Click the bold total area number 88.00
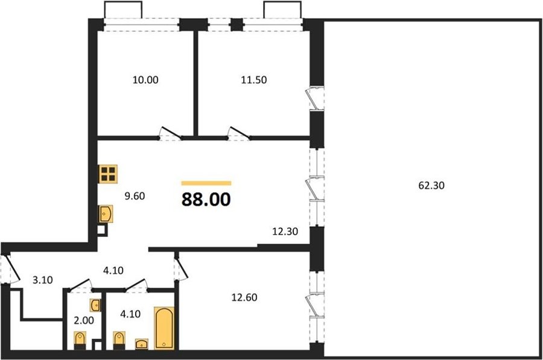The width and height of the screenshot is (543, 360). coord(206,200)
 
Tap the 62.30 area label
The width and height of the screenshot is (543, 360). coord(431,186)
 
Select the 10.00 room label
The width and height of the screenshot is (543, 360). coord(145,80)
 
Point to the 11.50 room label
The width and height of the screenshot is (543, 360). coord(254,80)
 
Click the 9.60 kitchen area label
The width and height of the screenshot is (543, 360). coord(135,196)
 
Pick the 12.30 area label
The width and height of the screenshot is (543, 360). coord(285,231)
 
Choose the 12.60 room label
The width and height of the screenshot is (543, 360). coord(244,297)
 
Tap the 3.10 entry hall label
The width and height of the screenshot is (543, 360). coord(43,280)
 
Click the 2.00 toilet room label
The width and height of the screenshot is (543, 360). coord(84,321)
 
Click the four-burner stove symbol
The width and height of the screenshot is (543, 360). coord(108,174)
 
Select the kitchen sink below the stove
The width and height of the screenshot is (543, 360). coord(105,213)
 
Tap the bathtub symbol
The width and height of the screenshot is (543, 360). coord(164,327)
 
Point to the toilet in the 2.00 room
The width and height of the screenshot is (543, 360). coord(80,340)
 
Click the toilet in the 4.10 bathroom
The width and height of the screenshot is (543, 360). coord(119,340)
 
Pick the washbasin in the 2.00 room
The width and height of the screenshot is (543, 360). coord(95,305)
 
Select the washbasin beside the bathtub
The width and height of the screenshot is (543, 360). coord(142,344)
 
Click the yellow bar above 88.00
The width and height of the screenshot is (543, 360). coord(206,183)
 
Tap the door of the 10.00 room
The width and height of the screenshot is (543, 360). coord(170,133)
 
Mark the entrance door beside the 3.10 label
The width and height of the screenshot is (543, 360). coord(10,269)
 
